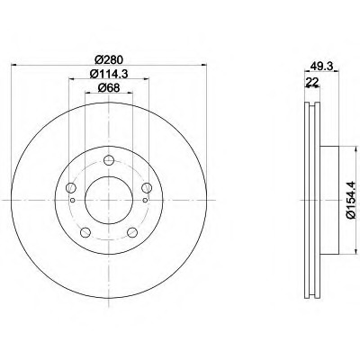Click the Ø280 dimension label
pyautogui.click(x=109, y=59)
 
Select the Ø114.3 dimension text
pyautogui.click(x=109, y=74)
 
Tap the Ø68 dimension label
pyautogui.click(x=109, y=88)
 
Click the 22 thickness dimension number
pyautogui.click(x=311, y=81)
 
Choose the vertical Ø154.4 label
pyautogui.click(x=351, y=200)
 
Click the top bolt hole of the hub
pyautogui.click(x=109, y=160)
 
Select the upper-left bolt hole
pyautogui.click(x=71, y=188)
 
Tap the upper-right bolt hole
pyautogui.click(x=147, y=188)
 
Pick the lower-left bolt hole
pyautogui.click(x=85, y=232)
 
